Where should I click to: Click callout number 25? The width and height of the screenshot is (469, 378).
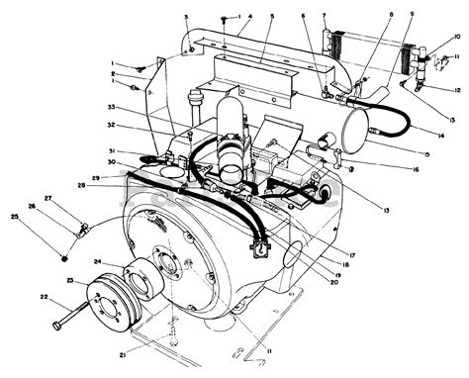tap(14, 216)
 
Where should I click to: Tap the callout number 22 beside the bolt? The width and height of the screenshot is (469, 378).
tap(44, 296)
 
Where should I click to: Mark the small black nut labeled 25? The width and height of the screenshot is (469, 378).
tap(64, 258)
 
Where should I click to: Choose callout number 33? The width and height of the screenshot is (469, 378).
tap(112, 106)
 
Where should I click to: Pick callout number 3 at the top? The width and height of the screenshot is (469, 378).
tap(185, 17)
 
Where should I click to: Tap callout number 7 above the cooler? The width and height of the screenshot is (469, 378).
tap(324, 15)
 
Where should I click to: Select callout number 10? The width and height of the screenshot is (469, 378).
tap(456, 37)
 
